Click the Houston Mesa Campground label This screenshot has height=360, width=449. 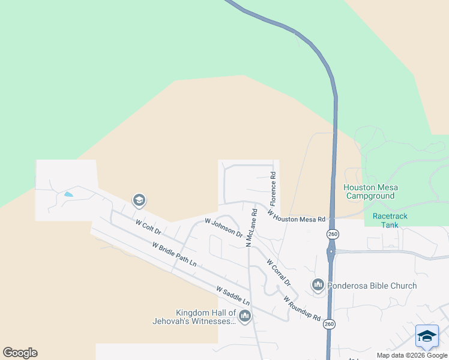point(370,191)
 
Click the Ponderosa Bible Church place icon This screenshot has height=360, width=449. point(318,284)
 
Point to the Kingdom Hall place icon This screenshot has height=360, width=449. point(244,316)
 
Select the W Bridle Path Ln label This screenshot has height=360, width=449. point(174,254)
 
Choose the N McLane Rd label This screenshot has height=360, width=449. point(251,227)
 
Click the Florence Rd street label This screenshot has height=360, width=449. point(273,186)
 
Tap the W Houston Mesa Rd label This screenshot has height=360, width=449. point(296,216)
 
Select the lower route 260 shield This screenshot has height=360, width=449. point(329,324)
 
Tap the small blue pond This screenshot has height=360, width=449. point(68,194)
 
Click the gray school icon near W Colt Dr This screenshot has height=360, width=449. point(139,200)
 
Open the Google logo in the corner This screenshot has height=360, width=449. point(20,353)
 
